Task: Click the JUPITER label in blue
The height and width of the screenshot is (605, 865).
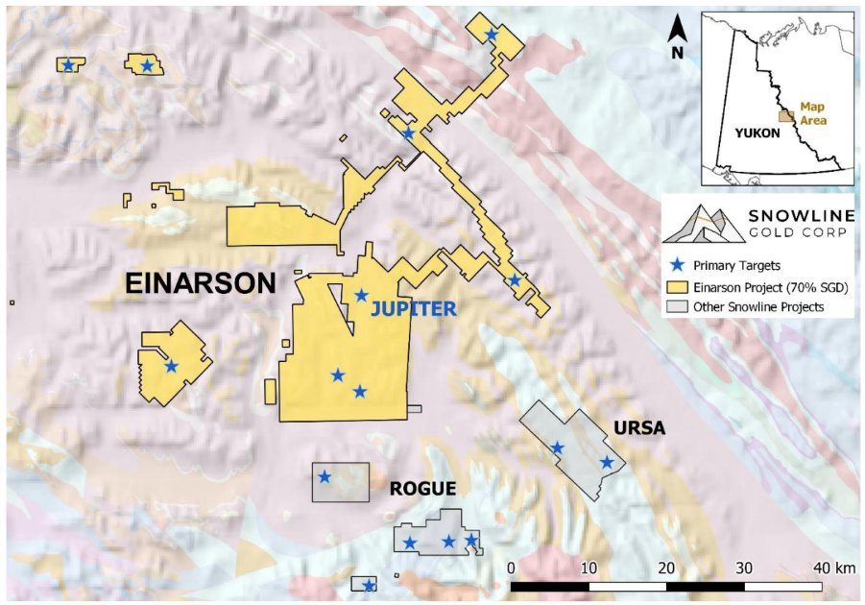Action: [413, 309]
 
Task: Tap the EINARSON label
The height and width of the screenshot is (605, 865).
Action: [202, 283]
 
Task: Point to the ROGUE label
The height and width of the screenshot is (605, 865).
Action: [422, 489]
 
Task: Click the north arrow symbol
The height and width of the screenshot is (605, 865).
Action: [677, 36]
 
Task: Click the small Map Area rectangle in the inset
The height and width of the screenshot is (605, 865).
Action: [785, 116]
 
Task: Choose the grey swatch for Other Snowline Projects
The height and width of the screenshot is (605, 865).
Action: [680, 307]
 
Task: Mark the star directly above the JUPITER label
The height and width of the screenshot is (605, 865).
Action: [361, 296]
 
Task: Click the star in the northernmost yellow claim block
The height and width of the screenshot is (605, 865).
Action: [492, 35]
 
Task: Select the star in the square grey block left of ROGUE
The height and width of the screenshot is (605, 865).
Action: [324, 476]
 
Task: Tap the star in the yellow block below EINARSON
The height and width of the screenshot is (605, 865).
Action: [171, 366]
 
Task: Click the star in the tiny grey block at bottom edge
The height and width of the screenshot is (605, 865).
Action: [368, 585]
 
